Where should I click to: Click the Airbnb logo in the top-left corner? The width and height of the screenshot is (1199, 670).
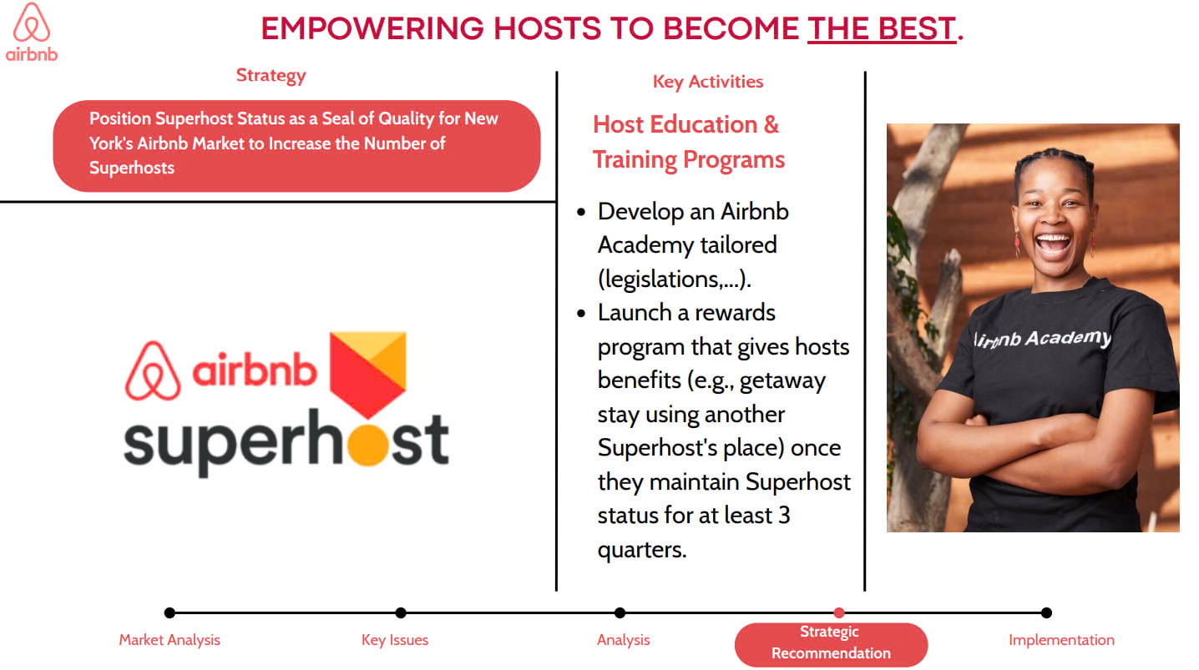(32, 32)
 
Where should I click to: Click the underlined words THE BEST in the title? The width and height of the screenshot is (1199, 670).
(882, 28)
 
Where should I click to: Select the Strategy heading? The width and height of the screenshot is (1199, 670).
(271, 75)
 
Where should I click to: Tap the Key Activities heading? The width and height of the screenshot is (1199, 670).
(707, 81)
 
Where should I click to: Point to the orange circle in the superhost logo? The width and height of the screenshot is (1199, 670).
(367, 446)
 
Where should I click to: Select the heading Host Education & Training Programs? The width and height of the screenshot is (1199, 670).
(688, 142)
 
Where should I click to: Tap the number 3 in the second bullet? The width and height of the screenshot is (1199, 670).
(784, 516)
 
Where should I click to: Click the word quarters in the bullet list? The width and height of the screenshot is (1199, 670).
(642, 550)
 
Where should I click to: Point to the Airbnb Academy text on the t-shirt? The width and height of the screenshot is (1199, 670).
(1042, 339)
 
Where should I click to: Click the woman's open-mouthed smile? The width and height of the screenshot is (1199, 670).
(1053, 245)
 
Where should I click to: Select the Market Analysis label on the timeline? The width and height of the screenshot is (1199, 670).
(169, 640)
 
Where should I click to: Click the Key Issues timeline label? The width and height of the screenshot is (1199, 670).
(395, 640)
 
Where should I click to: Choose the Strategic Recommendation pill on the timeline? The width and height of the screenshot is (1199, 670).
(831, 644)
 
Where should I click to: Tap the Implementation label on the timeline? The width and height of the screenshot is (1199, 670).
(1061, 640)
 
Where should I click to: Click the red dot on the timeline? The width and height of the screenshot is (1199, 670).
(839, 612)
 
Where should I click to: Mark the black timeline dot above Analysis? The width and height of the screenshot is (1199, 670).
(620, 612)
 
